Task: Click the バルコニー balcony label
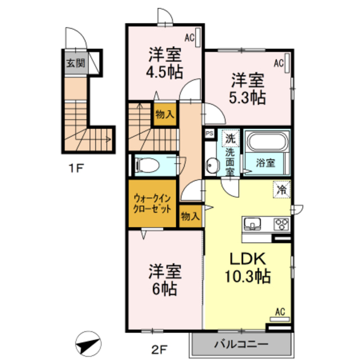pyautogui.click(x=241, y=343)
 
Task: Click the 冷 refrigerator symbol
pyautogui.click(x=281, y=189)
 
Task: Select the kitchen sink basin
pyautogui.click(x=253, y=224)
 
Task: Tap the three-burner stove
pyautogui.click(x=281, y=224)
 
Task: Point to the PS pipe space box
pyautogui.click(x=209, y=134)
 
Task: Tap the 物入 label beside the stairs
pyautogui.click(x=165, y=114)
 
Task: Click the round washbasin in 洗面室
pyautogui.click(x=212, y=165)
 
